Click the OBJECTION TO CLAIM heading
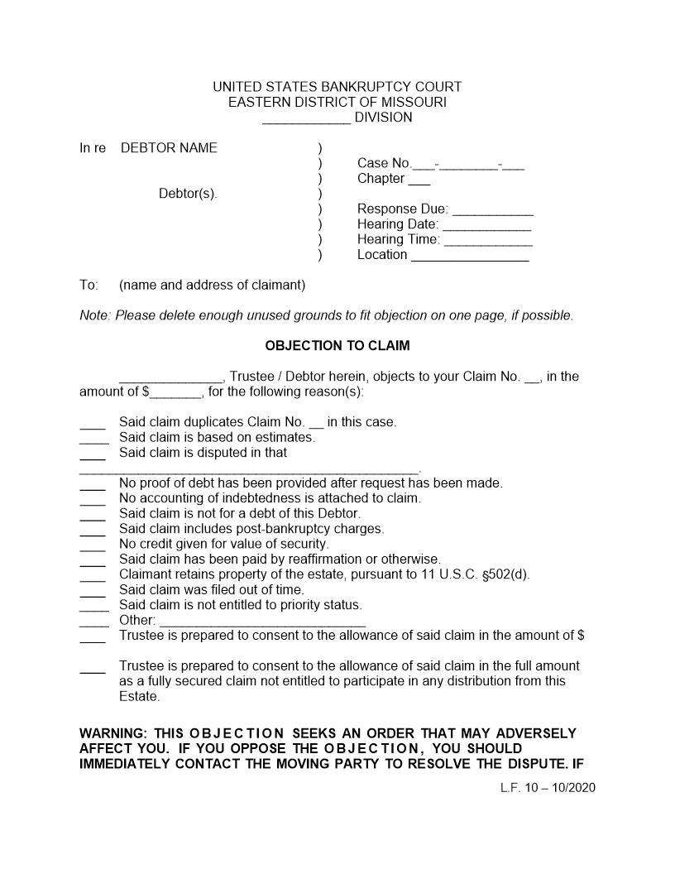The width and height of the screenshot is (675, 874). pos(337,345)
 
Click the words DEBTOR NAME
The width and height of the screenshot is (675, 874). pos(169,148)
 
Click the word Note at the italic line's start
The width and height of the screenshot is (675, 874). pos(93,315)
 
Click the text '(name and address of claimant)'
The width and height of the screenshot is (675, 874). pos(212,286)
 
